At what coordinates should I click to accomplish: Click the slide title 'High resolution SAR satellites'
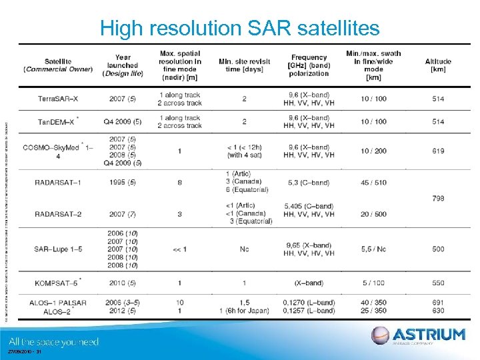(239, 28)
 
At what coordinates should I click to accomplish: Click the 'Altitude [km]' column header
(438, 65)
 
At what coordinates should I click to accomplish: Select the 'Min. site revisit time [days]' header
(245, 65)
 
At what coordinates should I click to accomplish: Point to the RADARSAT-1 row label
(59, 182)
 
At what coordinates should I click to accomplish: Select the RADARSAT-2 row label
(59, 213)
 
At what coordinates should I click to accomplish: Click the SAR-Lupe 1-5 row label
(59, 249)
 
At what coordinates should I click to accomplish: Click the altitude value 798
(438, 198)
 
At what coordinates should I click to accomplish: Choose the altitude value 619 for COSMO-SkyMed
(438, 151)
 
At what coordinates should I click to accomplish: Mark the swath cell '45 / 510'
(373, 182)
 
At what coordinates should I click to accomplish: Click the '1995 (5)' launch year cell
(123, 182)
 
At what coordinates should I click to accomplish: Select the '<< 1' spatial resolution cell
(180, 249)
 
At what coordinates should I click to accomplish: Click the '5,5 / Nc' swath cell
(373, 249)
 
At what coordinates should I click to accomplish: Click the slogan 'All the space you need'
(53, 342)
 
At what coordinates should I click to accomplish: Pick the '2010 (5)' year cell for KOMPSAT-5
(123, 283)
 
